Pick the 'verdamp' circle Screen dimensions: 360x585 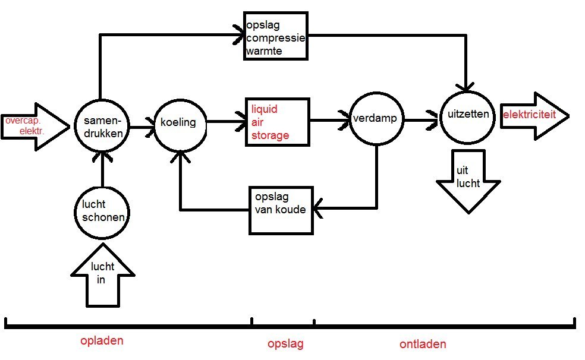point(376,119)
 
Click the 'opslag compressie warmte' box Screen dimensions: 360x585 point(276,35)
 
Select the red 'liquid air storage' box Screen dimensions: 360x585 point(278,122)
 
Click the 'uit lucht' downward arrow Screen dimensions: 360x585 point(467,181)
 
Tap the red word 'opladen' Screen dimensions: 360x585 point(102,342)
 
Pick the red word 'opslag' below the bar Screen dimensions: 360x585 point(285,343)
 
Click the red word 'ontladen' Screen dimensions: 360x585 point(422,344)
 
